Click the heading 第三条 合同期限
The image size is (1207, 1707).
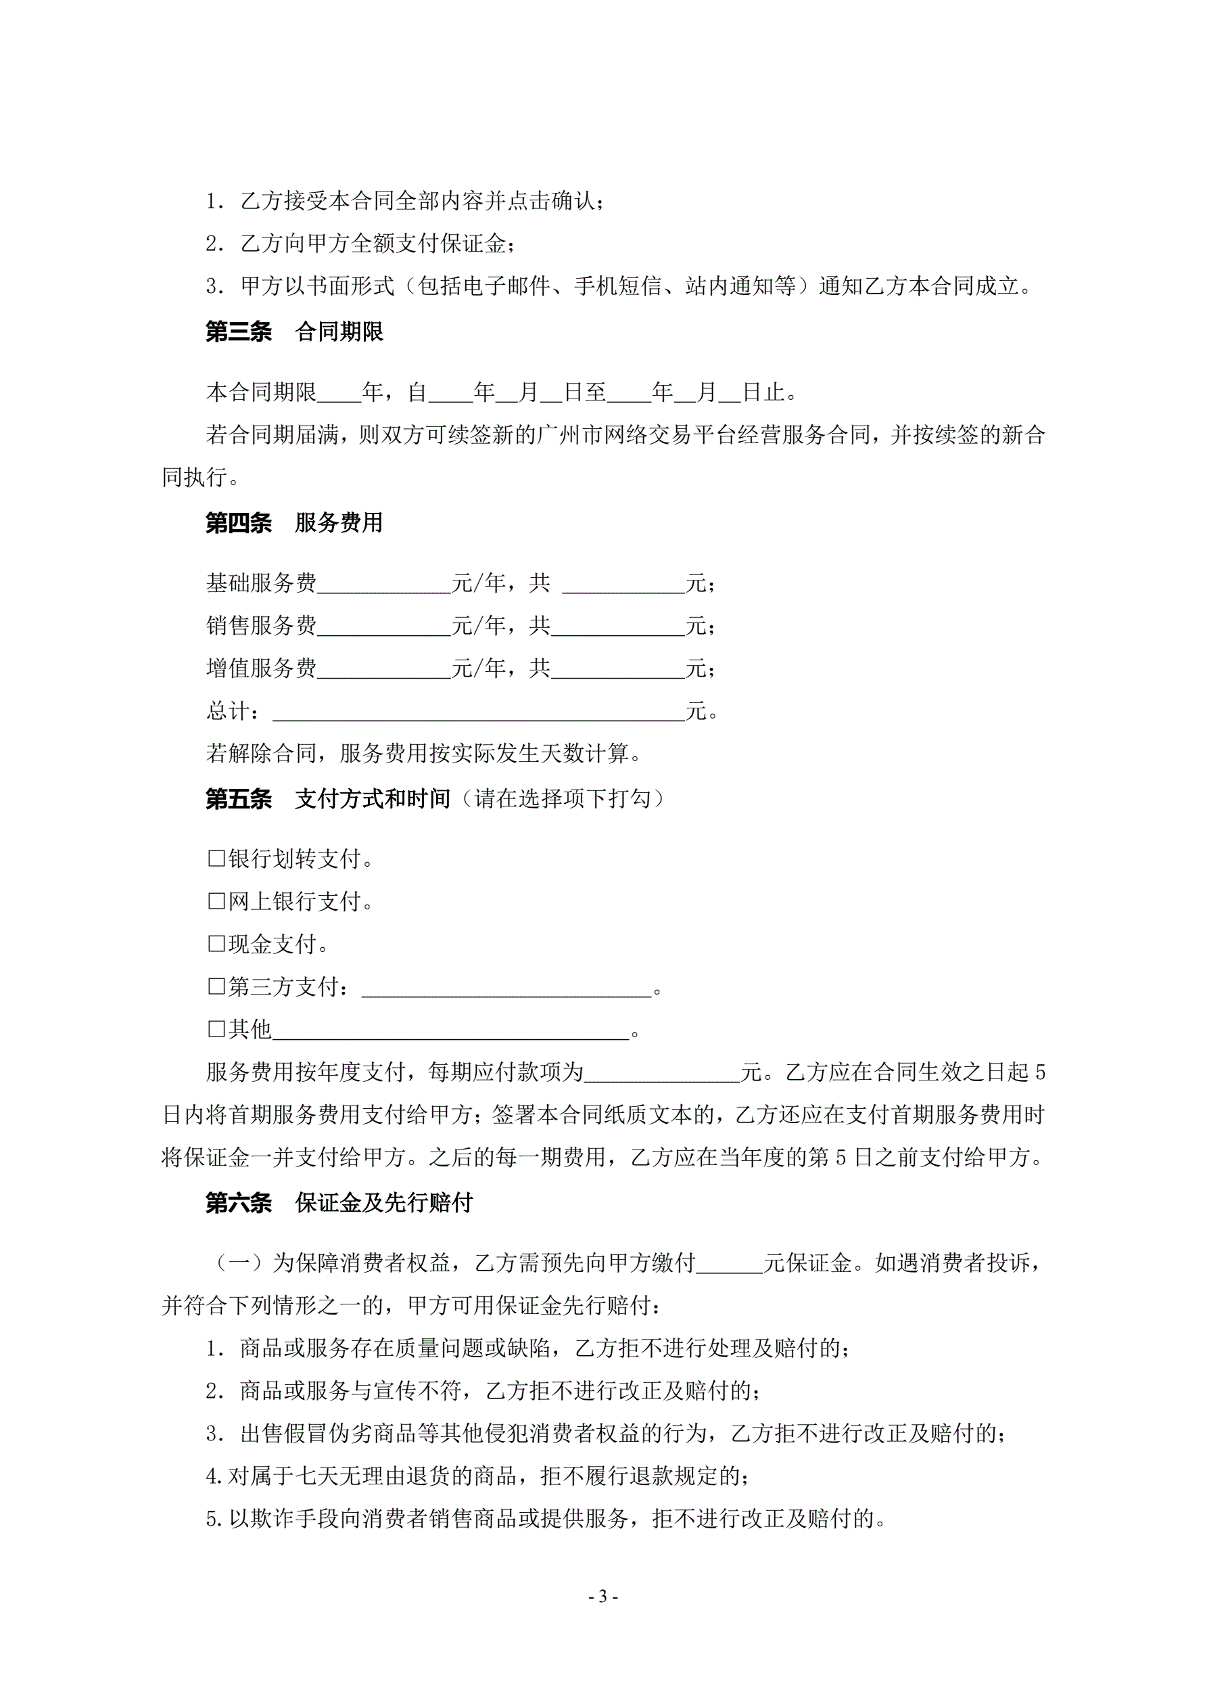[294, 332]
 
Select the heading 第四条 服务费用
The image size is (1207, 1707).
[294, 523]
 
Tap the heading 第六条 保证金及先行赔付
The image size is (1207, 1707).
[339, 1202]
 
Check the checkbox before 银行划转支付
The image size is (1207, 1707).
[216, 859]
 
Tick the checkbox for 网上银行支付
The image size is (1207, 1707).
[216, 902]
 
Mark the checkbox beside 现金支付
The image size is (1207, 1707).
[216, 944]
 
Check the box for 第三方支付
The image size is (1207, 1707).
[216, 986]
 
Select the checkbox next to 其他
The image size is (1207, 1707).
[216, 1029]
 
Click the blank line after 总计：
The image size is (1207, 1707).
[478, 712]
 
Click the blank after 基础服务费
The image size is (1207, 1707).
[383, 585]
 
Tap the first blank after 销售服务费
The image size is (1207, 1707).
[383, 627]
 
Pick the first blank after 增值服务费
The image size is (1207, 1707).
[383, 669]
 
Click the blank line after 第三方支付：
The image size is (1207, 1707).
[506, 988]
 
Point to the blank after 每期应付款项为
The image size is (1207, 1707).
[661, 1073]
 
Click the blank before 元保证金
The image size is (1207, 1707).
[729, 1263]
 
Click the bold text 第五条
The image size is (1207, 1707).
[239, 799]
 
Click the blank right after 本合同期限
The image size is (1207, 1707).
[339, 393]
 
